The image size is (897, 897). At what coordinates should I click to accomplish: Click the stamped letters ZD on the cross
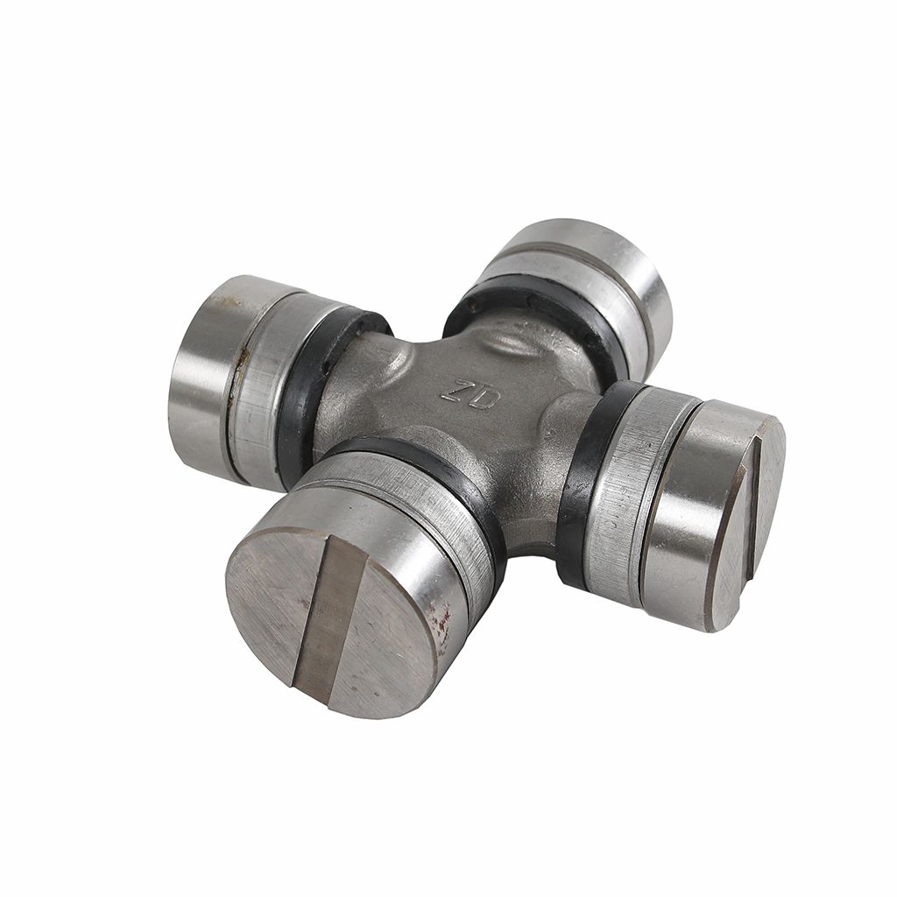coord(468,393)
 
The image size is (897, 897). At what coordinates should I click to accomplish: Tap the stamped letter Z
coord(455,389)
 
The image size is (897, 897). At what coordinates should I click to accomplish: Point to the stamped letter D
coord(482,399)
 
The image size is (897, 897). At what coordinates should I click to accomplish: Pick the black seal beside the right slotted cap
coord(590,481)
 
